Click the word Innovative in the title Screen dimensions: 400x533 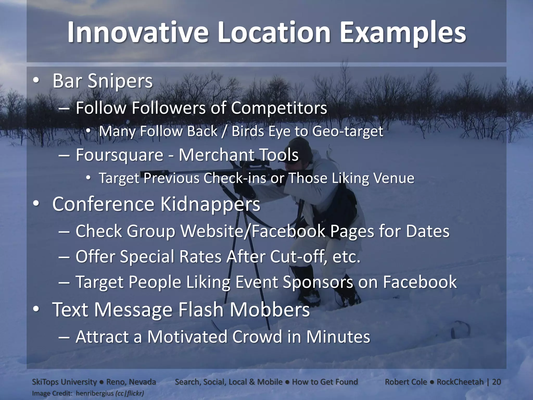[x=138, y=33]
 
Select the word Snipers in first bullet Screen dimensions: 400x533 [x=120, y=81]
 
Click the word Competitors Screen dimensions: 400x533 [x=279, y=108]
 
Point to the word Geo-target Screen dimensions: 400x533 [x=347, y=131]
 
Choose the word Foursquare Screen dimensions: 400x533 [x=119, y=155]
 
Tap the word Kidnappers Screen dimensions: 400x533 [x=210, y=204]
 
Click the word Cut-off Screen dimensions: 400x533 [x=298, y=257]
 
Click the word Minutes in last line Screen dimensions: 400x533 [x=338, y=336]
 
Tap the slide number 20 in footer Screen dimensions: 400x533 [x=497, y=382]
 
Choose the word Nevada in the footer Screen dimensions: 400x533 [x=142, y=382]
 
